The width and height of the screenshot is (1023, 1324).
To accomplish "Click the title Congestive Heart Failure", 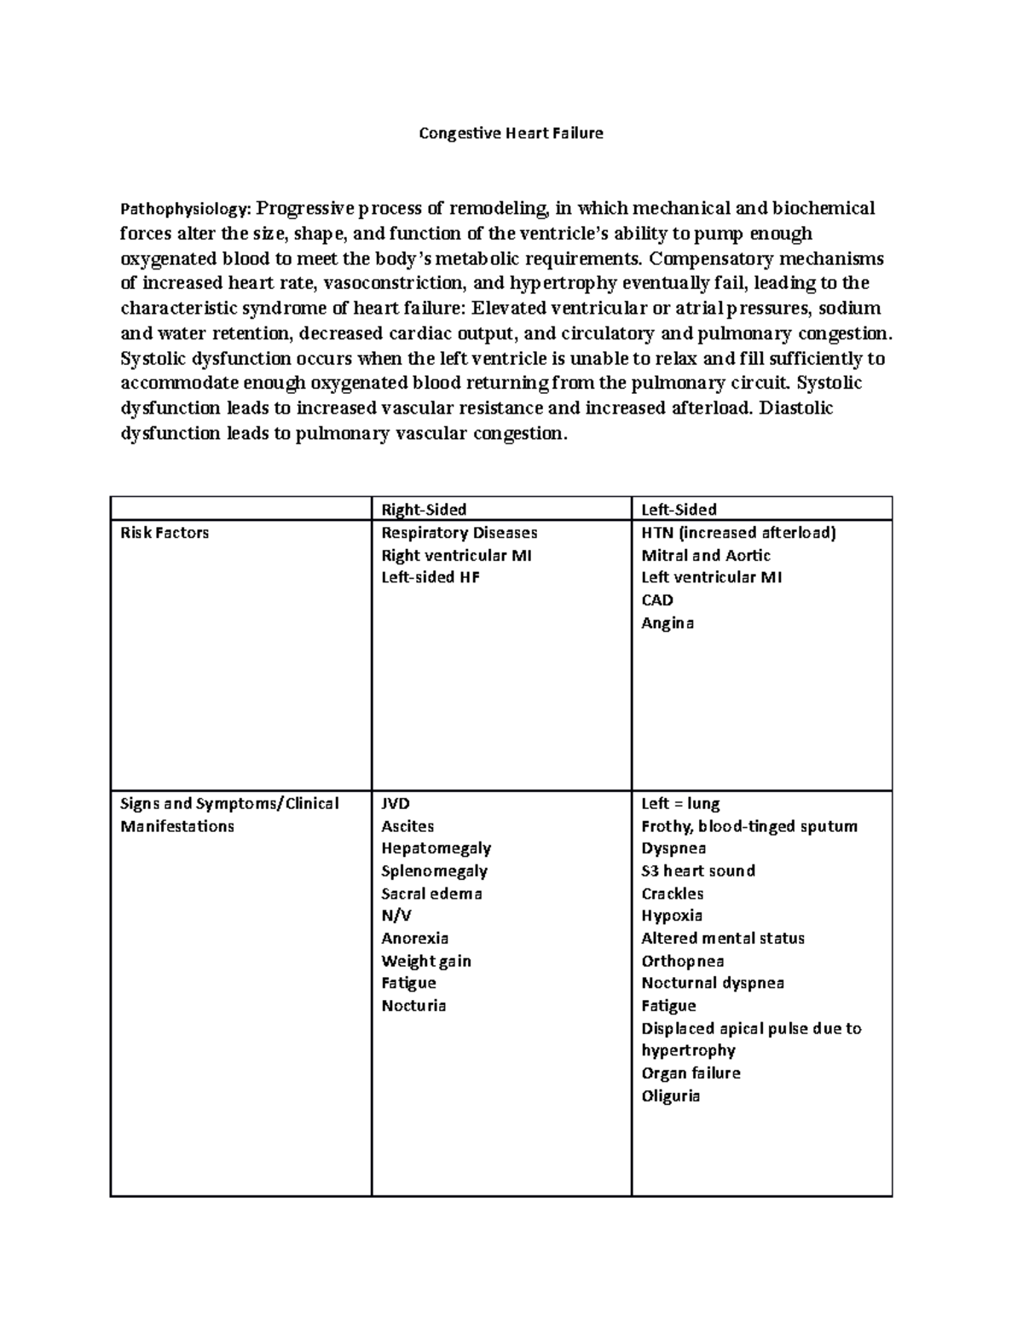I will [511, 133].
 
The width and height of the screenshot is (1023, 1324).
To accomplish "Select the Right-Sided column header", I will [424, 510].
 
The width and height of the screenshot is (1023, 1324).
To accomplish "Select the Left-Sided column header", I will [679, 510].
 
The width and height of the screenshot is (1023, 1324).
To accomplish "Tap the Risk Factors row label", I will [165, 533].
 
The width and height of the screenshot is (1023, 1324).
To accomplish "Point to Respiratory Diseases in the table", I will [459, 533].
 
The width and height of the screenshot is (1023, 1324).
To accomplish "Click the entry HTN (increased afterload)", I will [738, 533].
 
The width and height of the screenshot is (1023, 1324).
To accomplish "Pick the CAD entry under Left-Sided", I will [657, 600].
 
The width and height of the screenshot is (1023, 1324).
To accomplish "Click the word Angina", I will [668, 623].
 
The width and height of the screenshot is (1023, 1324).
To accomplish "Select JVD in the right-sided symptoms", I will [396, 804].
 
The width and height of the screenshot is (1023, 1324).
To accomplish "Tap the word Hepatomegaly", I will [436, 848].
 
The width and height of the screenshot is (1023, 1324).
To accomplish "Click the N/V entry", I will [396, 916].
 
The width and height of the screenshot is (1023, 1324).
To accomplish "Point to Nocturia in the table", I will [413, 1006].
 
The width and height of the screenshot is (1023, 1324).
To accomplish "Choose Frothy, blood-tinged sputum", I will [749, 826].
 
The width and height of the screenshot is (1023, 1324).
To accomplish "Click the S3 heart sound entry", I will [698, 871].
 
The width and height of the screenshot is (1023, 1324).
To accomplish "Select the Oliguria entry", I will [670, 1096].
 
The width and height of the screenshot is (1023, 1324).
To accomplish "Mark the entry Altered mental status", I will [723, 939].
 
